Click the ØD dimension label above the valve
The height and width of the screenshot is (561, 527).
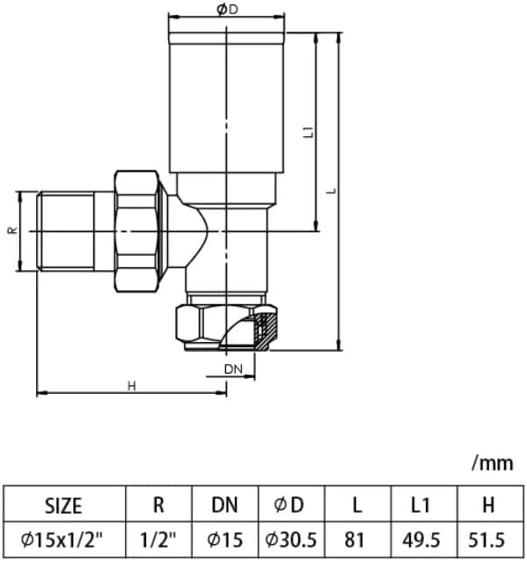point(227,9)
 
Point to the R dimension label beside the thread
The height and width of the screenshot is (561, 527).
point(11,230)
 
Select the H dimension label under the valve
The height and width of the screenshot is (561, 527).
point(131,385)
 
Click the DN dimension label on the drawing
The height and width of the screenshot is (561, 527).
point(233,368)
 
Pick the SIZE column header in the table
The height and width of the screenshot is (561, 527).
point(63,505)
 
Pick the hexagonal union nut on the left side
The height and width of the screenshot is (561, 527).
point(137,230)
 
